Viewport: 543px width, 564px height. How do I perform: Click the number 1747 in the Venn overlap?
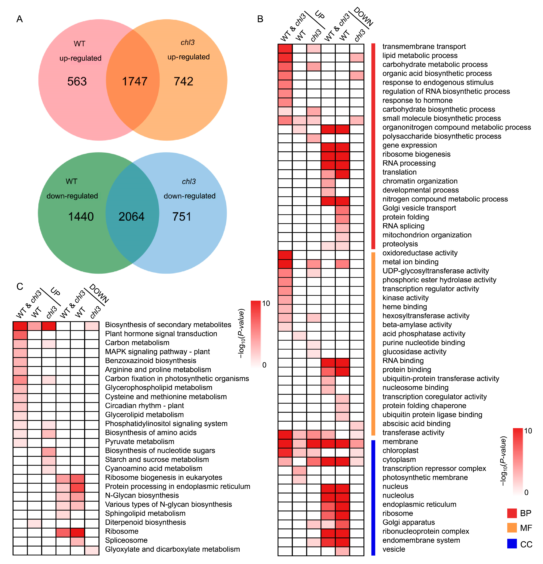pyautogui.click(x=135, y=81)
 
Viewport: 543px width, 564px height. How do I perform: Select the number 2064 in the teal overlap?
pyautogui.click(x=131, y=217)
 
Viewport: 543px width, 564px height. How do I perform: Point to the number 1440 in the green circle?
pyautogui.click(x=81, y=217)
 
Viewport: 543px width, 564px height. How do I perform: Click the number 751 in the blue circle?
pyautogui.click(x=182, y=217)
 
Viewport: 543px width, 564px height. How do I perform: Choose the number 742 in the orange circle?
pyautogui.click(x=183, y=81)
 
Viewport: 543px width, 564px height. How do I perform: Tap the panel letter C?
pyautogui.click(x=20, y=286)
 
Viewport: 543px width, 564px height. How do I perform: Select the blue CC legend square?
pyautogui.click(x=512, y=544)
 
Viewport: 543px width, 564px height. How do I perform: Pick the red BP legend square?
pyautogui.click(x=512, y=513)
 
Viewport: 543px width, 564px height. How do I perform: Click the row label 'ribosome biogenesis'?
pyautogui.click(x=416, y=154)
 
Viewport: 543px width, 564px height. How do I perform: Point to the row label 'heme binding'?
pyautogui.click(x=404, y=307)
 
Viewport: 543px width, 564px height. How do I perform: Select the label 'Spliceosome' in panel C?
pyautogui.click(x=126, y=540)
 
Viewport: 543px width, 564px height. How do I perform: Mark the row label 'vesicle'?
pyautogui.click(x=393, y=549)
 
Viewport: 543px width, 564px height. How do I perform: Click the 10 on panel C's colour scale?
pyautogui.click(x=266, y=303)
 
